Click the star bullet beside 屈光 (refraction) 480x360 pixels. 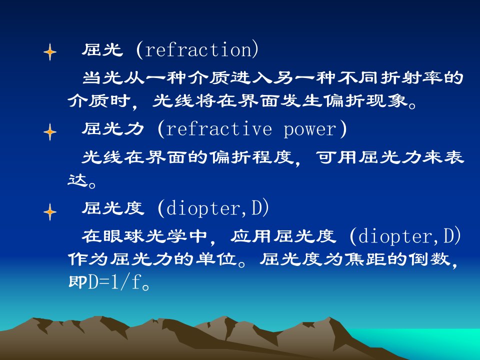(x=50, y=52)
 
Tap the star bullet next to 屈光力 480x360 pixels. (x=50, y=132)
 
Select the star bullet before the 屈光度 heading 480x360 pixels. (x=50, y=212)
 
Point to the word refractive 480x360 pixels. (x=219, y=129)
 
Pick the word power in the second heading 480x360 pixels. (x=310, y=129)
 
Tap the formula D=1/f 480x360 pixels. (x=114, y=282)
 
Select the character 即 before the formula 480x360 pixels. (x=77, y=282)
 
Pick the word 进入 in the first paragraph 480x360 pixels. (x=251, y=77)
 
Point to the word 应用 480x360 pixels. (x=251, y=236)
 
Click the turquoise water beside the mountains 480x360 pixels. (x=428, y=343)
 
